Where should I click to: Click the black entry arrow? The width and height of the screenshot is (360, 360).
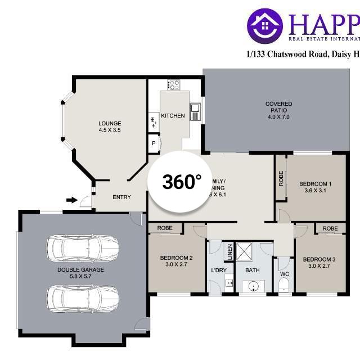pyautogui.click(x=71, y=200)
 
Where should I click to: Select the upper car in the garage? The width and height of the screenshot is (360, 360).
pyautogui.click(x=83, y=246)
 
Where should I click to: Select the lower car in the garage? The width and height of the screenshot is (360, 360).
pyautogui.click(x=83, y=298)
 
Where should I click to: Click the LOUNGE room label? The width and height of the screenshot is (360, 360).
pyautogui.click(x=110, y=127)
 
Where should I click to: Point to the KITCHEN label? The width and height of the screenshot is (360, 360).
pyautogui.click(x=173, y=116)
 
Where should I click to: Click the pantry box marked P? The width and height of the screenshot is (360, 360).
pyautogui.click(x=153, y=144)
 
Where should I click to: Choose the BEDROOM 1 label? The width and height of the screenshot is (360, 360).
pyautogui.click(x=315, y=187)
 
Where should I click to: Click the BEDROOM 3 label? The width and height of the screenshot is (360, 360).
pyautogui.click(x=319, y=263)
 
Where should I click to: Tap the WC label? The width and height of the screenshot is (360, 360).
pyautogui.click(x=284, y=274)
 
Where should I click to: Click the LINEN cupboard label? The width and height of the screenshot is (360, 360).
pyautogui.click(x=229, y=252)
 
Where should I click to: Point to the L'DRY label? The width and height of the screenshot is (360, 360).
pyautogui.click(x=218, y=271)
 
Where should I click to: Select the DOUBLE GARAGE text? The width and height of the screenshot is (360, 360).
pyautogui.click(x=80, y=273)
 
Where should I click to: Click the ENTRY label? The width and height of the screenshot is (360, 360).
pyautogui.click(x=121, y=197)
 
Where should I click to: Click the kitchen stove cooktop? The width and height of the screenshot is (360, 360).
pyautogui.click(x=173, y=85)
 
